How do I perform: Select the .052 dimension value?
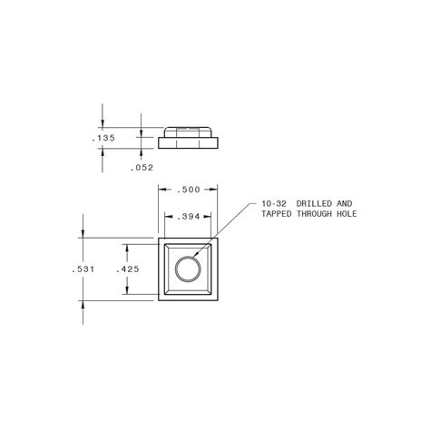click(142, 167)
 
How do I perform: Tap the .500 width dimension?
click(188, 191)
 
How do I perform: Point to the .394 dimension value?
click(188, 218)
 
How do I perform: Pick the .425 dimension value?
click(128, 269)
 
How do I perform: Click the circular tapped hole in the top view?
click(189, 269)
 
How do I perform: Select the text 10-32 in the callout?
click(274, 203)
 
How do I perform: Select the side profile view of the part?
click(189, 139)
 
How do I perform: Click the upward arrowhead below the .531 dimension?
click(83, 306)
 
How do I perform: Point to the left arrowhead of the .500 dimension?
click(161, 191)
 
